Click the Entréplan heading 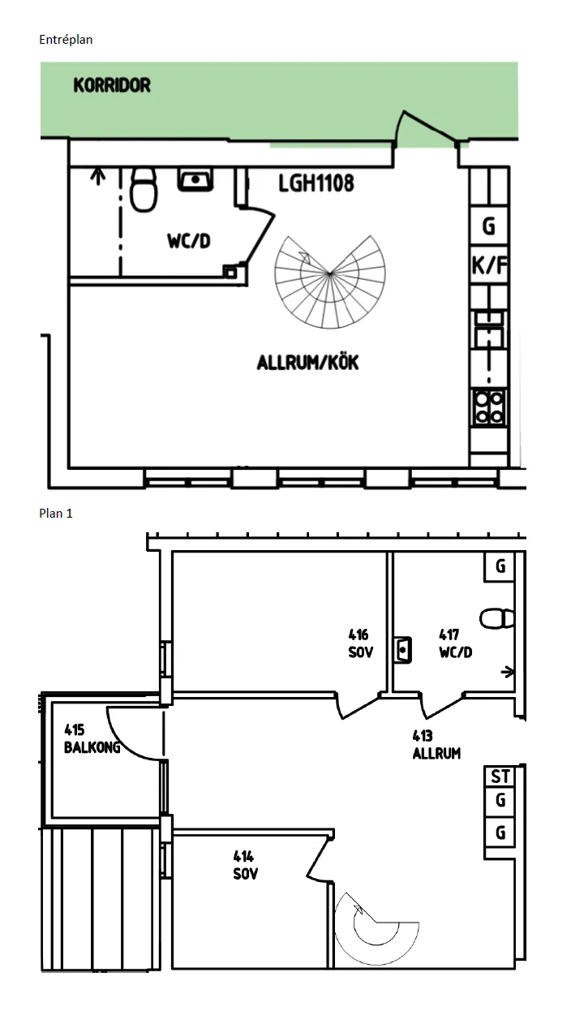(x=66, y=39)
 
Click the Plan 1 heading (x=56, y=514)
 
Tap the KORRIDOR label (x=112, y=85)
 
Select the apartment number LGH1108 (x=316, y=183)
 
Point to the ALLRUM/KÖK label (x=307, y=363)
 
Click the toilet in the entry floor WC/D (x=143, y=188)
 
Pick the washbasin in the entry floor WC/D (x=195, y=179)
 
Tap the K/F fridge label (x=489, y=265)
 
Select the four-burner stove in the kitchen (x=489, y=407)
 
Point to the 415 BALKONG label (x=91, y=739)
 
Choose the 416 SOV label (x=359, y=643)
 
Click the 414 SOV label (x=244, y=865)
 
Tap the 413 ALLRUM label (x=436, y=745)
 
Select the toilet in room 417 (x=496, y=618)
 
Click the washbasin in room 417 (x=402, y=650)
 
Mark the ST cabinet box (x=500, y=777)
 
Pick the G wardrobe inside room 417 (x=500, y=566)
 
